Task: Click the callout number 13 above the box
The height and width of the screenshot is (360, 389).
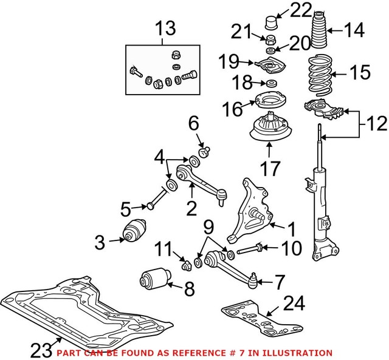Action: point(165,29)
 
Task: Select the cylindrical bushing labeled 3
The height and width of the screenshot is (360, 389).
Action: point(134,233)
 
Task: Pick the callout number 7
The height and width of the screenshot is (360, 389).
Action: point(278,282)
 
